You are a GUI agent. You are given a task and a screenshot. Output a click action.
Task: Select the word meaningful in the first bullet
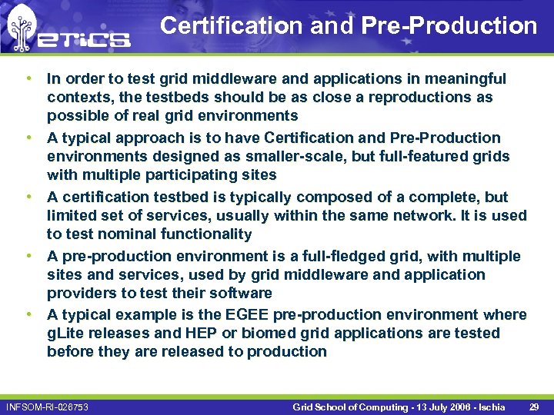[x=467, y=78]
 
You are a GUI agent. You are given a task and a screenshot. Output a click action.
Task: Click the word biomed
[x=268, y=333]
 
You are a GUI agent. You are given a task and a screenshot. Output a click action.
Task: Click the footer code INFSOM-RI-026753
[x=46, y=407]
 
